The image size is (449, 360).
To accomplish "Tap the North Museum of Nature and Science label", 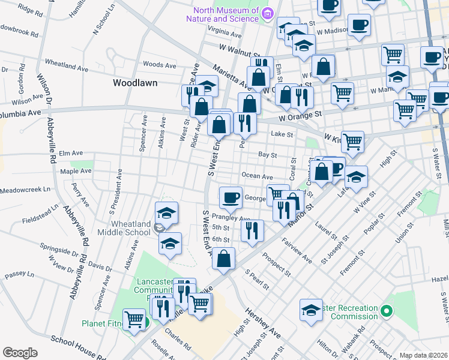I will click(x=226, y=14).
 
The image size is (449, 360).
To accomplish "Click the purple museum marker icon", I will click(x=268, y=13).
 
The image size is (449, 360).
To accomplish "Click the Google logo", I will click(x=19, y=353).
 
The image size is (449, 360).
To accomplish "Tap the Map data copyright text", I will click(x=423, y=355).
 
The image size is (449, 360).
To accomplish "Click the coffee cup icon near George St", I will click(x=230, y=197).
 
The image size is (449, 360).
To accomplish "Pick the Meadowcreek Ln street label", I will click(x=26, y=190).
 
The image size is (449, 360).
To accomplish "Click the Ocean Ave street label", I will click(x=257, y=176).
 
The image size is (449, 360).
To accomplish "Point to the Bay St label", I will click(x=267, y=155).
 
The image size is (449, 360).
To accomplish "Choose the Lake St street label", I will click(x=281, y=134).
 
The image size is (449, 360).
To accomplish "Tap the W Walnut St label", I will click(x=240, y=49).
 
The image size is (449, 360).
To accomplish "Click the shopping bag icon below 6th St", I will click(x=223, y=259).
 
